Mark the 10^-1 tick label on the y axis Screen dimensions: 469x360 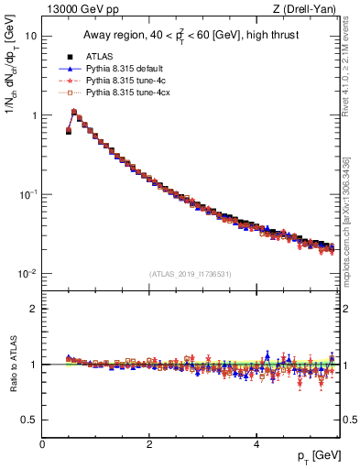click(x=29, y=194)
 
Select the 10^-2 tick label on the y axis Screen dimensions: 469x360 click(x=29, y=274)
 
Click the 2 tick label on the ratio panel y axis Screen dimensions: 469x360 click(x=35, y=309)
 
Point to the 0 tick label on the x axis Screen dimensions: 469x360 click(x=42, y=444)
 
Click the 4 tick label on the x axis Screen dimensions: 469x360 click(x=256, y=444)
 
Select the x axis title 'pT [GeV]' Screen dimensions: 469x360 click(x=313, y=456)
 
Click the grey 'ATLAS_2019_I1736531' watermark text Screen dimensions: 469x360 click(x=190, y=273)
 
